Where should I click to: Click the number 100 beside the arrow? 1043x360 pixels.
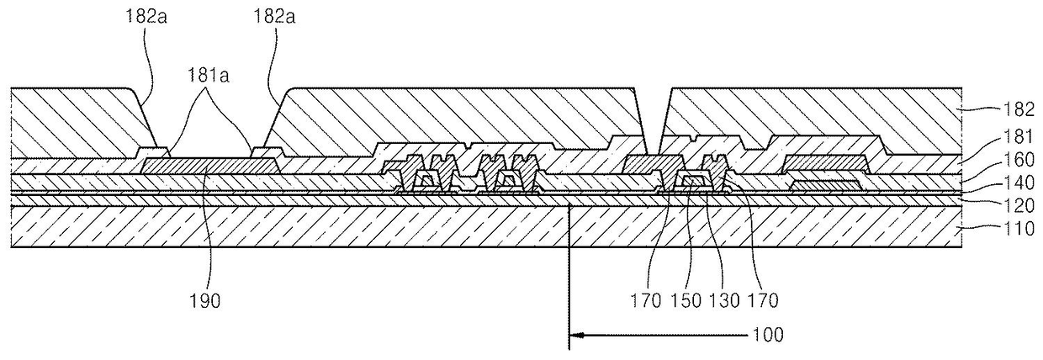pyautogui.click(x=769, y=334)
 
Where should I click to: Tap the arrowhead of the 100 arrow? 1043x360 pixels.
pyautogui.click(x=574, y=334)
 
